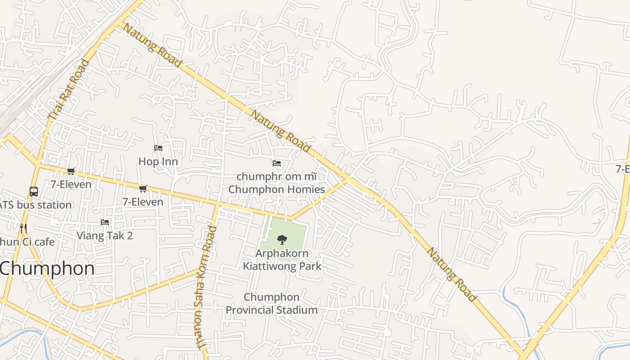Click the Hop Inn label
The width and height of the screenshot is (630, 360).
158,161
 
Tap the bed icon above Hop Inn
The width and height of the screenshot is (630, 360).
158,148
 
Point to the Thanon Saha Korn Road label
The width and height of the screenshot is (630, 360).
205,288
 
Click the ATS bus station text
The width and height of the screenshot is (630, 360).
36,205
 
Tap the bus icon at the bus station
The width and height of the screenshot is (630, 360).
34,192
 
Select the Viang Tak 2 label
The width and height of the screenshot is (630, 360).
105,235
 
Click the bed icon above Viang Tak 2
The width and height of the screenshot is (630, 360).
105,222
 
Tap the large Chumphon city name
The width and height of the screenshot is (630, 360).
47,269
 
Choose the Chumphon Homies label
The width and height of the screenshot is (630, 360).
276,189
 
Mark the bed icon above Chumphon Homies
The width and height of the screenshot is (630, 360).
277,163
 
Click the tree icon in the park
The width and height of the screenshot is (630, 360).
282,239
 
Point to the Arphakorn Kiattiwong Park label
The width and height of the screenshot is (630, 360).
282,259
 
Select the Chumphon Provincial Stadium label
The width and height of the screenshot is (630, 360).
271,303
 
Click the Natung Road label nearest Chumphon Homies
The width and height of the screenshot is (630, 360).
280,131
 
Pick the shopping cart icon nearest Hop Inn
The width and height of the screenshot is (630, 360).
143,189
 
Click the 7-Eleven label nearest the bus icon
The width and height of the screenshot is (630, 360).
71,184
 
